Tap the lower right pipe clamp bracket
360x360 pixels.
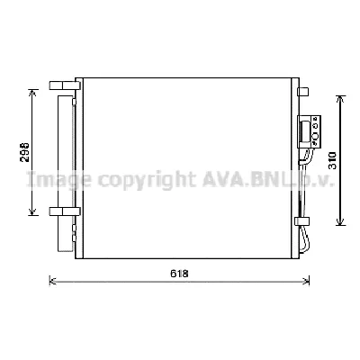pyautogui.click(x=301, y=222)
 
